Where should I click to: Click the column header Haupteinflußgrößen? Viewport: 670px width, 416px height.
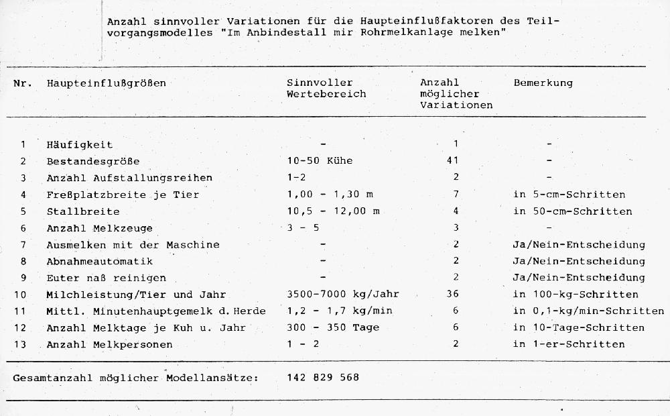click(x=106, y=83)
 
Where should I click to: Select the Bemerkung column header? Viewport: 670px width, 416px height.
click(x=543, y=83)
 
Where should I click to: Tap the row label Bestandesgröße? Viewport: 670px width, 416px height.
click(x=93, y=162)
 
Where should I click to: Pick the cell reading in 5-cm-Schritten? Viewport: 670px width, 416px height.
click(x=569, y=195)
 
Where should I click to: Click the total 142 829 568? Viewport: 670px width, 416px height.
click(x=323, y=378)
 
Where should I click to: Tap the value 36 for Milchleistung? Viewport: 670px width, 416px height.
click(x=455, y=294)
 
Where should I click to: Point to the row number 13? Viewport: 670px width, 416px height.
click(x=23, y=344)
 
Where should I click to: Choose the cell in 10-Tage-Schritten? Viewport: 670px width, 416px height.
click(x=578, y=327)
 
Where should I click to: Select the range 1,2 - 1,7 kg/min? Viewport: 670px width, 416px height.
click(x=339, y=311)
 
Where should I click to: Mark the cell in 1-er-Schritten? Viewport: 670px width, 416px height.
click(x=569, y=344)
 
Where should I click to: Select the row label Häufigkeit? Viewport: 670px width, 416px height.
click(x=80, y=145)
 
